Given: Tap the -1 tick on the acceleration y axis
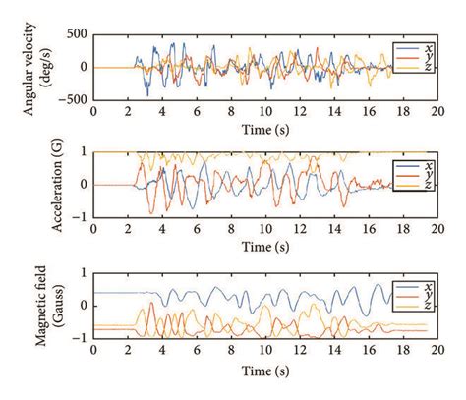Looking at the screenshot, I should click(x=81, y=217).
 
